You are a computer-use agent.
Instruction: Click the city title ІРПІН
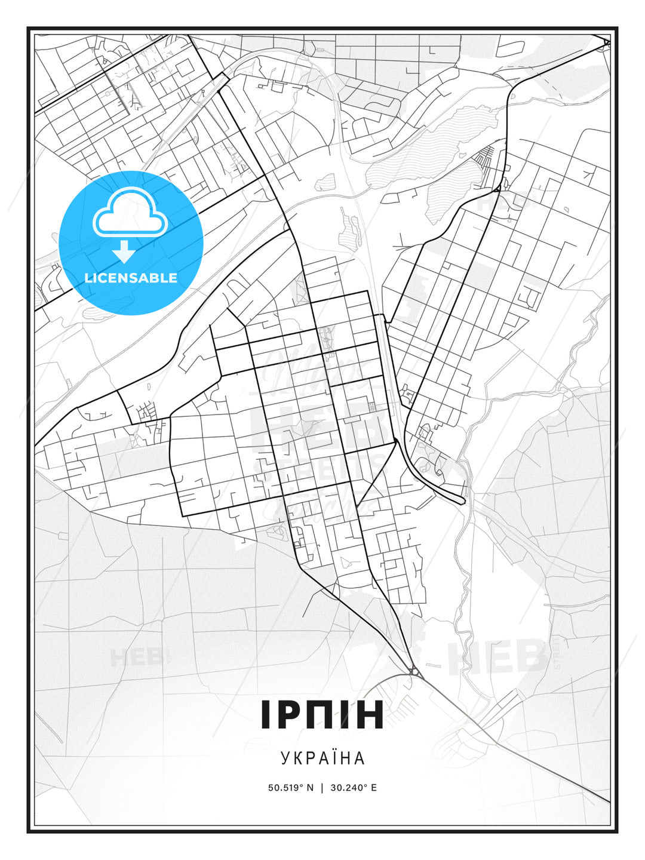click(322, 715)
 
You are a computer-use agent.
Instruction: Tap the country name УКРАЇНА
click(322, 758)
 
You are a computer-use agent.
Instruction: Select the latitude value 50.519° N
click(291, 788)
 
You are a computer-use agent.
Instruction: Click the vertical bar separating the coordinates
click(322, 788)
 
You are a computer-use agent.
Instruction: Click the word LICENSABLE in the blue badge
click(131, 278)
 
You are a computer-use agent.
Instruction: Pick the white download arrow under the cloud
click(124, 251)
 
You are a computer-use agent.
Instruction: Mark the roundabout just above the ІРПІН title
click(413, 672)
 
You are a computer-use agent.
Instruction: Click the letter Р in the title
click(291, 715)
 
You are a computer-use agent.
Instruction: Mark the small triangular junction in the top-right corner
click(606, 42)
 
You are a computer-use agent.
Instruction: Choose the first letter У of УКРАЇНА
click(285, 758)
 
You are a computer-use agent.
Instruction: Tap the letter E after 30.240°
click(374, 788)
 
